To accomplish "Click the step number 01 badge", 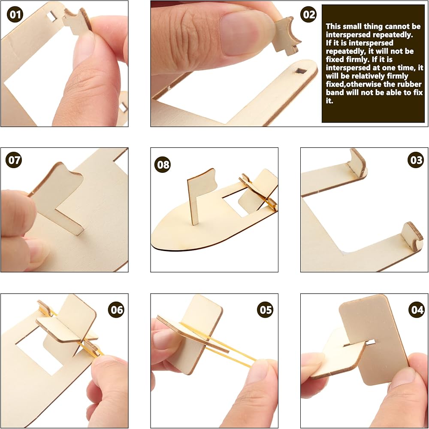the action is (x=15, y=14).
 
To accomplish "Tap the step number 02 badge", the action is (x=308, y=14).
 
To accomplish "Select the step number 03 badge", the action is (x=416, y=160).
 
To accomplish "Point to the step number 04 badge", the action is (x=417, y=310).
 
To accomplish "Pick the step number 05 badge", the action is (x=266, y=310).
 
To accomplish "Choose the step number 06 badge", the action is (x=116, y=310).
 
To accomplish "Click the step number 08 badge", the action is (x=163, y=165).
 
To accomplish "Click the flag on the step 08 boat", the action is (x=201, y=196).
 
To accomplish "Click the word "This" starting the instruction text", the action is (x=333, y=26).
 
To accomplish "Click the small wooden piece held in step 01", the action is (x=77, y=22).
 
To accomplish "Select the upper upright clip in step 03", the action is (x=356, y=163).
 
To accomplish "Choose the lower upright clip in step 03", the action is (x=412, y=236).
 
